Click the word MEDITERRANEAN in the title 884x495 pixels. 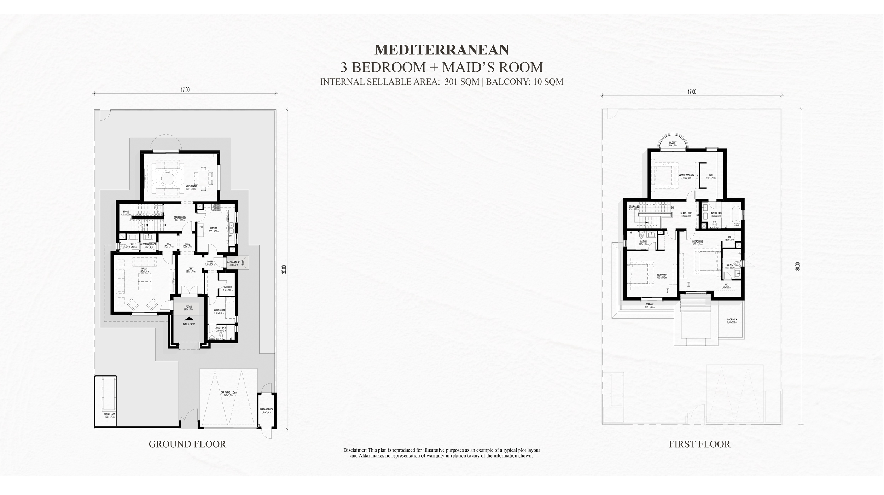pos(442,50)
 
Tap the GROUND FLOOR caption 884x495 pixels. pos(187,444)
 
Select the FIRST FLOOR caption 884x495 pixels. pos(699,444)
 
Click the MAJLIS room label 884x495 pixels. pos(145,269)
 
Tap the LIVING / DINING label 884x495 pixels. pos(190,187)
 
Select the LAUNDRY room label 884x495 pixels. pos(228,288)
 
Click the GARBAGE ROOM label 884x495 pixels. pos(266,410)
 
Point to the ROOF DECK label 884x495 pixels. pos(732,320)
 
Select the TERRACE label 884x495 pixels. pos(650,305)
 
